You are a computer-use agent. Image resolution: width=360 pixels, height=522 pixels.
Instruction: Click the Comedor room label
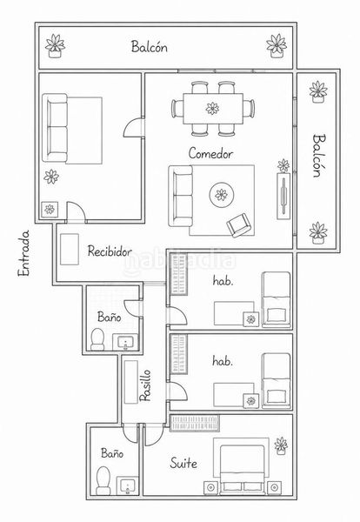(210, 153)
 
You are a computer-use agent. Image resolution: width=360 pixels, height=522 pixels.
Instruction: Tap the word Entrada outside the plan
(23, 253)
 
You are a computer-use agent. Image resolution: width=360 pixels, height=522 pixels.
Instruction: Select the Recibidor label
(110, 251)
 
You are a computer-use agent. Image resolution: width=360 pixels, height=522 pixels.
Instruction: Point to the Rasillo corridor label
(145, 385)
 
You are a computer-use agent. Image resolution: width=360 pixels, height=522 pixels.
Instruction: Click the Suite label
(183, 463)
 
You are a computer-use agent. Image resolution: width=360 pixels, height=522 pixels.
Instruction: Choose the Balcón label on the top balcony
(149, 46)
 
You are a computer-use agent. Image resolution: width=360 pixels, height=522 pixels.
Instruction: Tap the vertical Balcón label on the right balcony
(318, 156)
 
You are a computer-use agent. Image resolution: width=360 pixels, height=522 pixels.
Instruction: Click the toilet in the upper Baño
(97, 339)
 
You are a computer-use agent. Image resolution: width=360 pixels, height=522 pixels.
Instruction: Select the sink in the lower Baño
(127, 485)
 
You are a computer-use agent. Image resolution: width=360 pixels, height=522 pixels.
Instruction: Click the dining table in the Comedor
(213, 109)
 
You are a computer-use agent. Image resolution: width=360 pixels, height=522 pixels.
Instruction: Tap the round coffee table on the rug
(221, 195)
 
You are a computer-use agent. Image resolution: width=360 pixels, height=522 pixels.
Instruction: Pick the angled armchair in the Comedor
(238, 225)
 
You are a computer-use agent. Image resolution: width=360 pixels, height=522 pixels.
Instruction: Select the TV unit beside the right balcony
(283, 196)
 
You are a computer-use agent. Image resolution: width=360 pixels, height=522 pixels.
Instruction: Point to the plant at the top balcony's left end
(55, 46)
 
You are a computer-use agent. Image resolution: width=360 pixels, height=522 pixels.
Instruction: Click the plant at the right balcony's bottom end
(318, 232)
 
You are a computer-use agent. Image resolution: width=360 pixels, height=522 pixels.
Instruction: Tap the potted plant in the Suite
(281, 445)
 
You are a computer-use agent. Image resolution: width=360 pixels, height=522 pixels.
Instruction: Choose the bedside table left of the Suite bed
(210, 487)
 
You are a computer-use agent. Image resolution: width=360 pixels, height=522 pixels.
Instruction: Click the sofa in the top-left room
(55, 128)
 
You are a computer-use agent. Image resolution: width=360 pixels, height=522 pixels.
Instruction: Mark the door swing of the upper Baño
(131, 308)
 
